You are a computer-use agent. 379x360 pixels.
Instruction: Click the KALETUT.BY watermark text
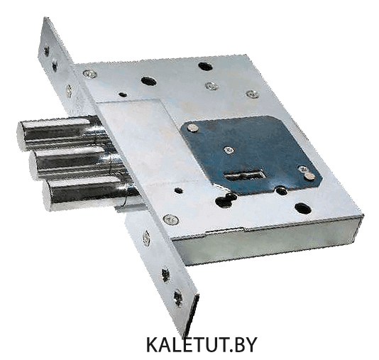point(202,344)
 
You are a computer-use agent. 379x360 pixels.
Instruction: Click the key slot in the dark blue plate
point(245,175)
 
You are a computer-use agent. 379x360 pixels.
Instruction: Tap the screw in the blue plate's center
point(229,151)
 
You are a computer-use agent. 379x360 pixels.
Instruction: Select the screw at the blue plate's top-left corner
point(192,128)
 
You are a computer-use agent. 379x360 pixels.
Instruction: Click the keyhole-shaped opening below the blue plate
point(225,200)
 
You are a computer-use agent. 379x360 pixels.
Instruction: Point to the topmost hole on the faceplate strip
point(46,51)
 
